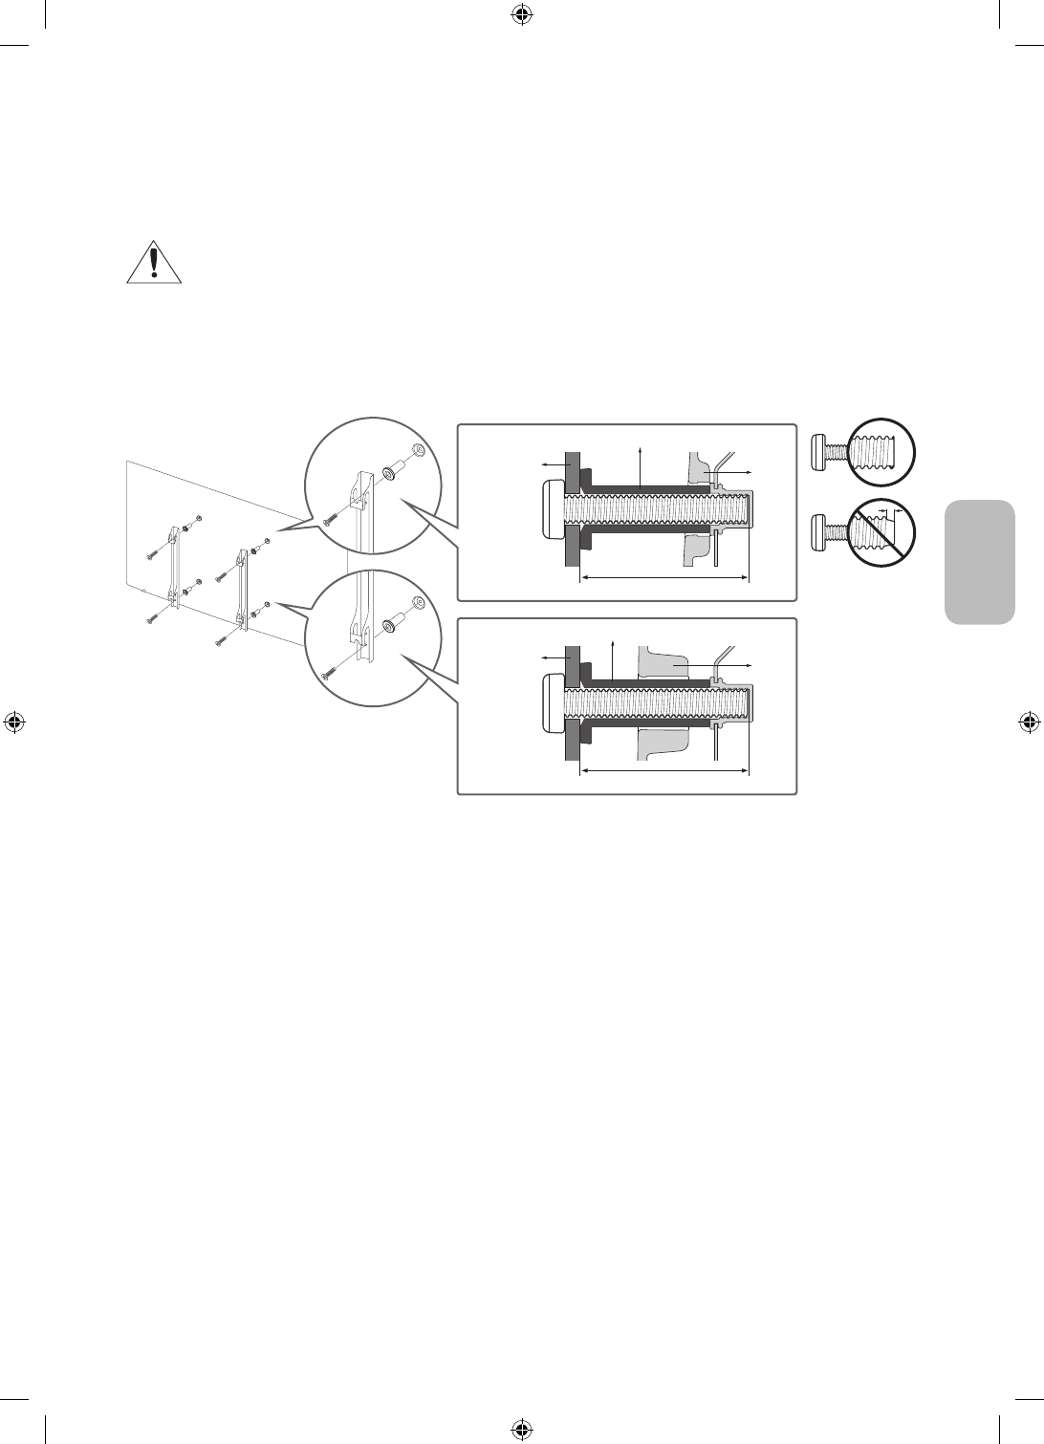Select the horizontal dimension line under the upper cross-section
pos(664,577)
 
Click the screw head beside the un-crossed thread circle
pos(820,448)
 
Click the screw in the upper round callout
pos(331,514)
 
